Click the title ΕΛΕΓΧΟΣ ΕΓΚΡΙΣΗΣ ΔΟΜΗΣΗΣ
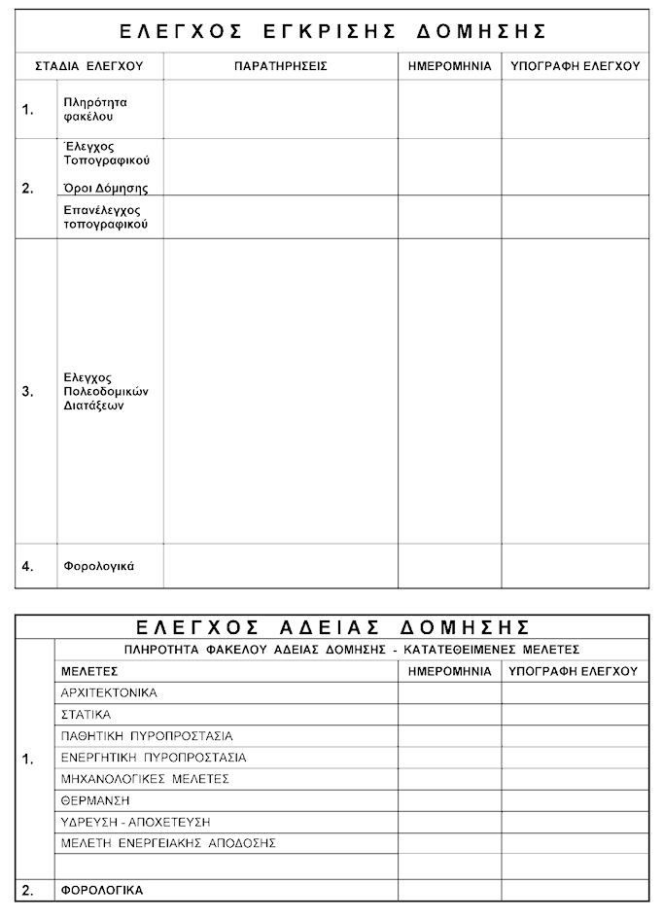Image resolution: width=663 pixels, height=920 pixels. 332,31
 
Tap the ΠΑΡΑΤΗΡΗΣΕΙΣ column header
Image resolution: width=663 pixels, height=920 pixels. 281,66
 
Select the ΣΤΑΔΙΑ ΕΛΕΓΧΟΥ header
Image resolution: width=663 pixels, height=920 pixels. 88,66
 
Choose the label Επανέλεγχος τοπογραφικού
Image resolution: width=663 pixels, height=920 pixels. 105,217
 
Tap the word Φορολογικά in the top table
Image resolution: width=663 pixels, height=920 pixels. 98,566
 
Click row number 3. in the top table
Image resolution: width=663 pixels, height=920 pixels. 28,391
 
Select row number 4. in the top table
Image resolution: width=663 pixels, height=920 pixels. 28,566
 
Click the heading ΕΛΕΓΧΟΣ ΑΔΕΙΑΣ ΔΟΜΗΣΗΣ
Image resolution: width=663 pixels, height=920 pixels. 332,625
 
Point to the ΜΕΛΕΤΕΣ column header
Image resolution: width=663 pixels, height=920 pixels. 89,671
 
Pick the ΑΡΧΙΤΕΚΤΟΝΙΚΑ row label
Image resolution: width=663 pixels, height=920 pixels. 109,693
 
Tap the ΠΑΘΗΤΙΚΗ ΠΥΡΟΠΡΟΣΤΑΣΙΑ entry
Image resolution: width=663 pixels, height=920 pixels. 147,736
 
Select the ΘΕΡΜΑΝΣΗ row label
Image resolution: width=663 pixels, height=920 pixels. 95,800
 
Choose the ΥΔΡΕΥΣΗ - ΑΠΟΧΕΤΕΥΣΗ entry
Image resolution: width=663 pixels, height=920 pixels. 135,822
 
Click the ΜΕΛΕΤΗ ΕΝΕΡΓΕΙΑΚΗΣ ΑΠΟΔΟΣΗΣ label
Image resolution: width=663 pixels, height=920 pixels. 168,843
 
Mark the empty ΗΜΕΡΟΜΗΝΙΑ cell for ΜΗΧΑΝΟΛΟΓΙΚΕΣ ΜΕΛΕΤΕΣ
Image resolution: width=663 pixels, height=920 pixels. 449,779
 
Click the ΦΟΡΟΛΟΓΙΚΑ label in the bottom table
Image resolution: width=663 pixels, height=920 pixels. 102,890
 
